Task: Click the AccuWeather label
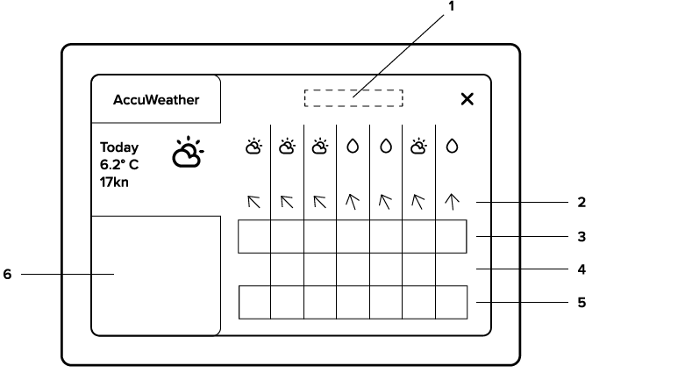pyautogui.click(x=156, y=100)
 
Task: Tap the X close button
pyautogui.click(x=467, y=99)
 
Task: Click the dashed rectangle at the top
pyautogui.click(x=353, y=98)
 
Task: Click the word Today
pyautogui.click(x=119, y=147)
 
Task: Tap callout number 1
pyautogui.click(x=452, y=6)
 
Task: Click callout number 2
pyautogui.click(x=582, y=202)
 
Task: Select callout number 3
pyautogui.click(x=582, y=236)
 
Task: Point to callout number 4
pyautogui.click(x=582, y=269)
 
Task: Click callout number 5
pyautogui.click(x=582, y=303)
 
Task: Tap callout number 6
pyautogui.click(x=7, y=274)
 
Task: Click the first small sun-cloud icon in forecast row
pyautogui.click(x=253, y=147)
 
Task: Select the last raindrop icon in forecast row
pyautogui.click(x=452, y=147)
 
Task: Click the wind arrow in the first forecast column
pyautogui.click(x=253, y=202)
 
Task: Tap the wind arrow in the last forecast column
pyautogui.click(x=452, y=202)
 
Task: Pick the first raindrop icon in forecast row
pyautogui.click(x=353, y=147)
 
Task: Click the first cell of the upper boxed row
pyautogui.click(x=254, y=237)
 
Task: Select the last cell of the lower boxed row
pyautogui.click(x=452, y=303)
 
